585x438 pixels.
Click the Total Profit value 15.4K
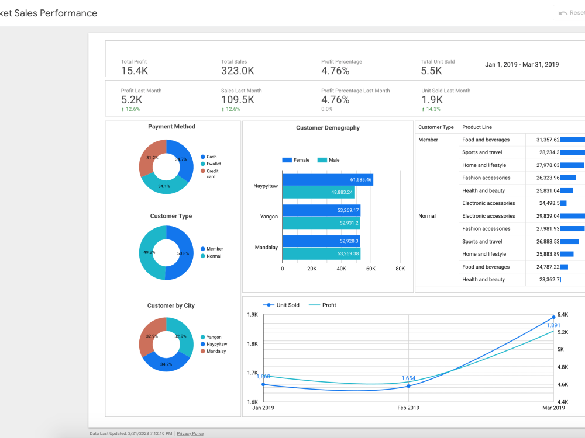(x=135, y=71)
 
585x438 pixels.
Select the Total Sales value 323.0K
(x=238, y=71)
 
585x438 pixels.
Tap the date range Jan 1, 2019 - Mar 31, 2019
(x=522, y=64)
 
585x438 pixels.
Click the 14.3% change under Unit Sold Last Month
(x=431, y=109)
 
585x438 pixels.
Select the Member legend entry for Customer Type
(x=212, y=249)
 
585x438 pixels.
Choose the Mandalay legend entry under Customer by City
(x=213, y=351)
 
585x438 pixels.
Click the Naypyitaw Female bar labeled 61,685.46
(x=328, y=179)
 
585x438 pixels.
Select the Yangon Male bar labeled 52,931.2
(x=321, y=223)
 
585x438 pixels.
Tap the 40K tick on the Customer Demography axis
(x=341, y=269)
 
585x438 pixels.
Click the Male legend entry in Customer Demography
(x=328, y=160)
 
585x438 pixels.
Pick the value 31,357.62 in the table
(x=548, y=140)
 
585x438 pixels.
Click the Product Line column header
(x=477, y=127)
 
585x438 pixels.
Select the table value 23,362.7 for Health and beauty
(x=549, y=279)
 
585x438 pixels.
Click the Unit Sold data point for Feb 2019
(x=408, y=386)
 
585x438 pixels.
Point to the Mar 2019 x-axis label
(x=553, y=408)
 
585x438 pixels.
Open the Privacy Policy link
(x=190, y=433)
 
